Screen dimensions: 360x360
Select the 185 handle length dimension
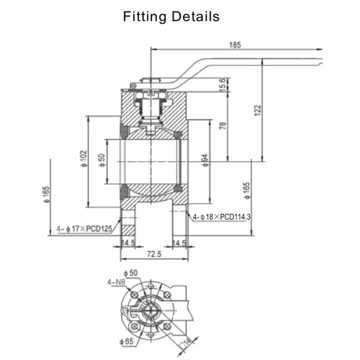234,45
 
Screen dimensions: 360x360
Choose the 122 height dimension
256,109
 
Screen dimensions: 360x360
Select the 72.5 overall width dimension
153,255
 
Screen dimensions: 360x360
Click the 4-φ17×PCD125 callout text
84,230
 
